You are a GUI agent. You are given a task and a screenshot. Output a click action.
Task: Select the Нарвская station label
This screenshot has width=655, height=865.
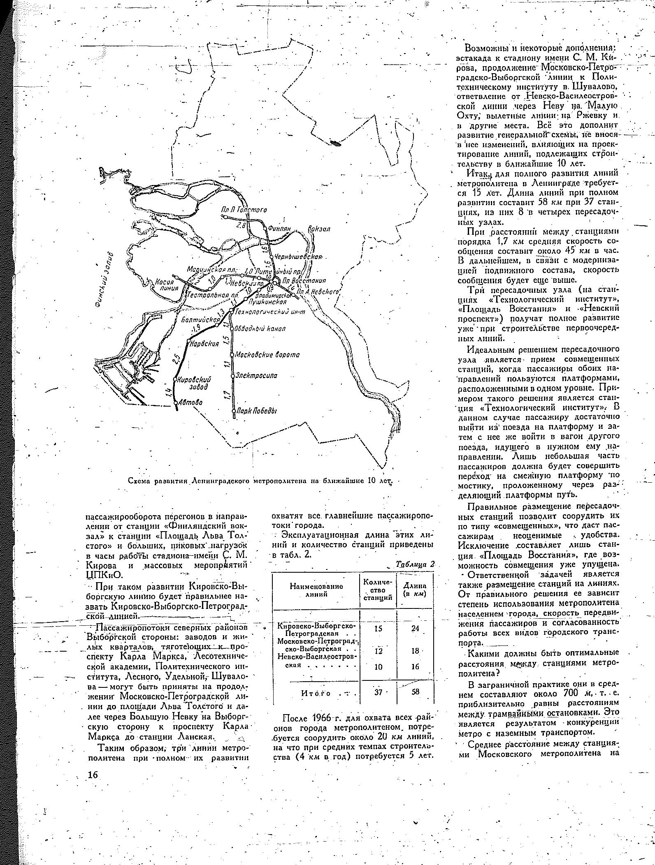(204, 344)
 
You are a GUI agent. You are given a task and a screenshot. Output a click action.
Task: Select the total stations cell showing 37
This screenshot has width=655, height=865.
(379, 692)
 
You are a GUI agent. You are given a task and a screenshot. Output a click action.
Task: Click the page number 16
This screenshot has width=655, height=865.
(93, 775)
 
